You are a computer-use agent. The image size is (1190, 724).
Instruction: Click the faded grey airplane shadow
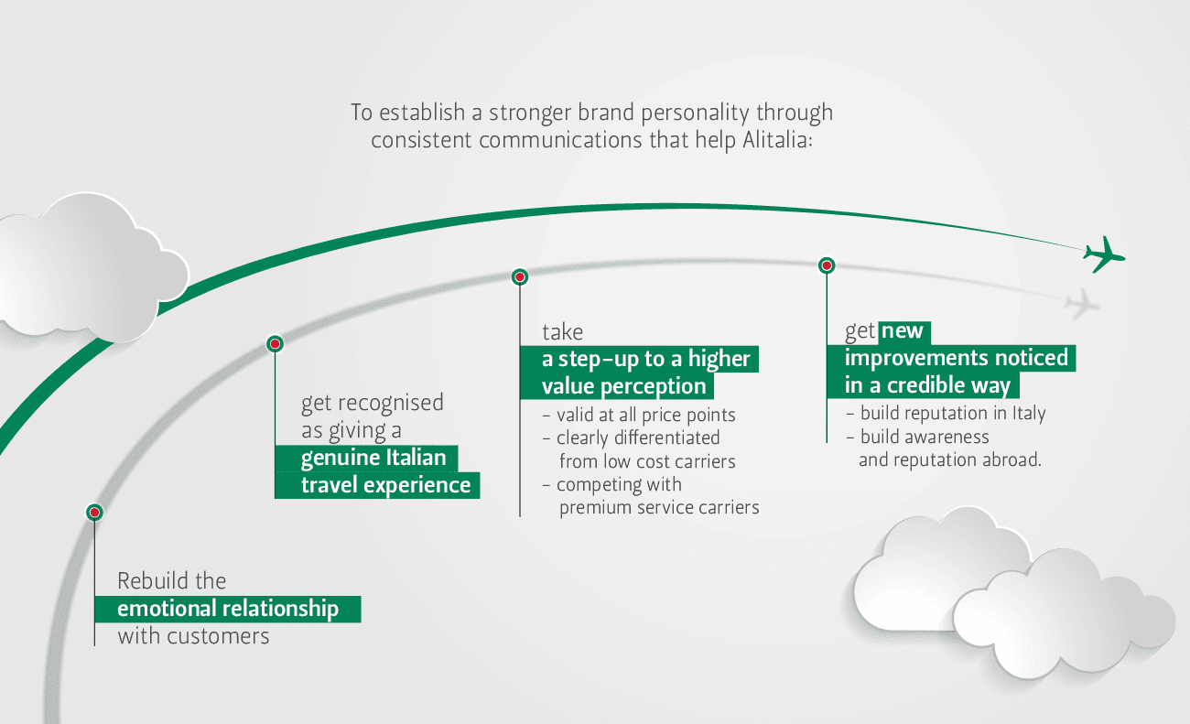1081,302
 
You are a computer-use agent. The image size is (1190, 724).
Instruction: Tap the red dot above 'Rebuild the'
93,513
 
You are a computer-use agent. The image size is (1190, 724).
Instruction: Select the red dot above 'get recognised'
274,343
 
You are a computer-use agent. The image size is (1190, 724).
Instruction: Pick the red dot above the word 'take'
519,276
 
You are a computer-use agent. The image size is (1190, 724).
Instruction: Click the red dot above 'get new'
826,265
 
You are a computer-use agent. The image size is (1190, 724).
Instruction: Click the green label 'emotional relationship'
228,609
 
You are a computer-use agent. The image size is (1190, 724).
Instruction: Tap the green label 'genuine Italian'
373,458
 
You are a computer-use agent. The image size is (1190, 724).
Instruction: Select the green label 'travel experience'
385,485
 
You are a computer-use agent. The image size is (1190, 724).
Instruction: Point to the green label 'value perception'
623,386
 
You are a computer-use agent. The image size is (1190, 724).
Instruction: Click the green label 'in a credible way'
927,384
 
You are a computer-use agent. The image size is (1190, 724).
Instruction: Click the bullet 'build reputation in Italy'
952,413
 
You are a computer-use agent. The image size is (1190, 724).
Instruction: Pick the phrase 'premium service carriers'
659,506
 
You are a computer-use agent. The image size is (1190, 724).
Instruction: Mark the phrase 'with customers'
193,636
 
